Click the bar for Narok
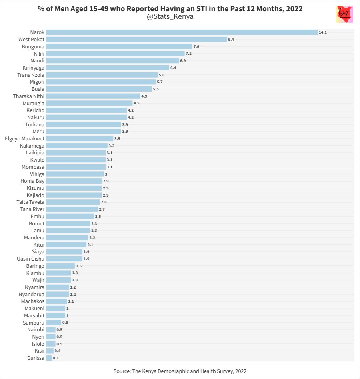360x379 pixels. pos(181,32)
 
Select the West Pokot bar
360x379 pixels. pos(136,39)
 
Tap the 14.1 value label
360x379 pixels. pos(323,32)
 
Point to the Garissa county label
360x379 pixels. pos(36,358)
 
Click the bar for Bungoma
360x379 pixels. pos(119,46)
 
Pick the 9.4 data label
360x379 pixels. pos(231,39)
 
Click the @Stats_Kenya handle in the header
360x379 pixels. pos(170,17)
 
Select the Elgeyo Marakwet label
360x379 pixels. pos(24,138)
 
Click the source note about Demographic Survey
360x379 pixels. pos(180,371)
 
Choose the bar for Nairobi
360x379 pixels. pos(50,330)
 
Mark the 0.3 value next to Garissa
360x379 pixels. pos(56,358)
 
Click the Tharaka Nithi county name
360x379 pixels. pos(29,96)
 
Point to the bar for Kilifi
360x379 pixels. pos(115,54)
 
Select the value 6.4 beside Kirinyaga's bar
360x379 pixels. pos(173,68)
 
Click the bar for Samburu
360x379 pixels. pos(53,323)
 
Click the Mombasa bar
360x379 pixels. pos(76,167)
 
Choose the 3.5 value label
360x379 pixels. pos(117,138)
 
